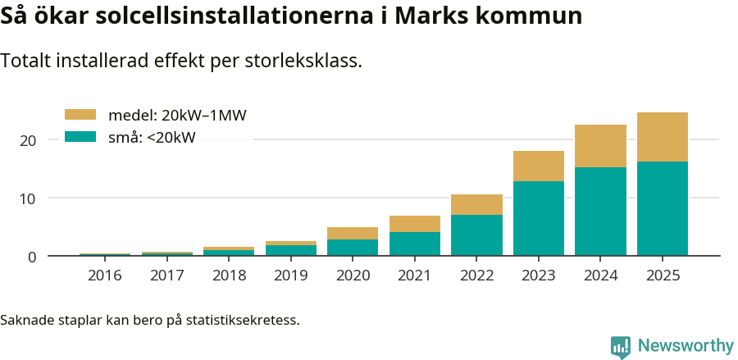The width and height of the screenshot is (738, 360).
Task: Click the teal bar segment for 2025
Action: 662,208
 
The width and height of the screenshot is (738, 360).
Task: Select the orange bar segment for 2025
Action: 662,137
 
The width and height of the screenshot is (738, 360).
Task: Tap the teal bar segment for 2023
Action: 538,218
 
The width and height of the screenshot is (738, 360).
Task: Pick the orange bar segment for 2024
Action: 600,146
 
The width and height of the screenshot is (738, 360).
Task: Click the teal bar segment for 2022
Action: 476,235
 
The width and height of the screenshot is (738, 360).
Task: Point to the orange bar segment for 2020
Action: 353,233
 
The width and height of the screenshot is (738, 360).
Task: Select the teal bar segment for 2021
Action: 414,244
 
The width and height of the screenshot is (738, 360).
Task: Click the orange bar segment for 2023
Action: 538,166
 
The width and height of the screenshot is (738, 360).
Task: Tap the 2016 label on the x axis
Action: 105,276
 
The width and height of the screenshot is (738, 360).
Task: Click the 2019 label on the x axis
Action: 290,276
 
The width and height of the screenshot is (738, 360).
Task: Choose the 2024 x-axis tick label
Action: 600,276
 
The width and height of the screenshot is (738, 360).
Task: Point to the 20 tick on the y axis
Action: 29,140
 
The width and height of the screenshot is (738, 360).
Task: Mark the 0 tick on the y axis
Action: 32,257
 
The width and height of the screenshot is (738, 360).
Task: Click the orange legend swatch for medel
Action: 80,115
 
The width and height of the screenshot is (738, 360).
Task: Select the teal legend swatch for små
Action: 80,137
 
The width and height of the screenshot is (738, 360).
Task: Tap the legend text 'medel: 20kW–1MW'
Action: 177,116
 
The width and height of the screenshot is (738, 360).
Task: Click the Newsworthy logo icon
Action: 621,347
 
